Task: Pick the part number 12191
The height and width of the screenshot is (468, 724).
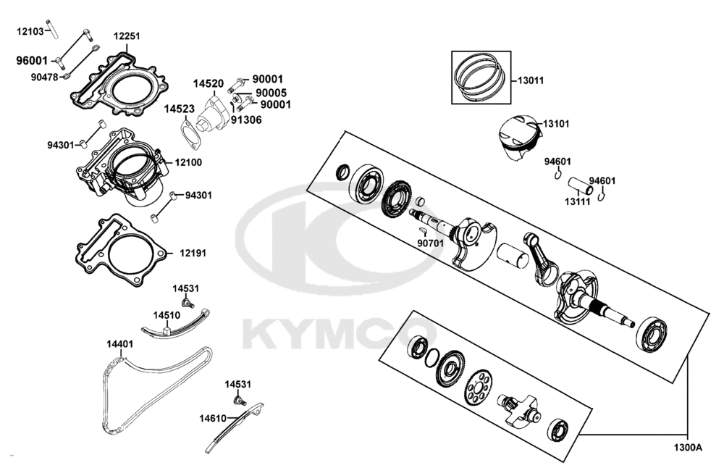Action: [x=193, y=253]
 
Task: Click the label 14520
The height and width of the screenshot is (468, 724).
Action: [x=208, y=84]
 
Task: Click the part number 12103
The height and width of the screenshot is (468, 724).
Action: [x=30, y=31]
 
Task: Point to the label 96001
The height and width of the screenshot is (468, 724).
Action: [x=32, y=61]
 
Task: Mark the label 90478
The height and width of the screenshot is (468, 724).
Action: [x=44, y=77]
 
